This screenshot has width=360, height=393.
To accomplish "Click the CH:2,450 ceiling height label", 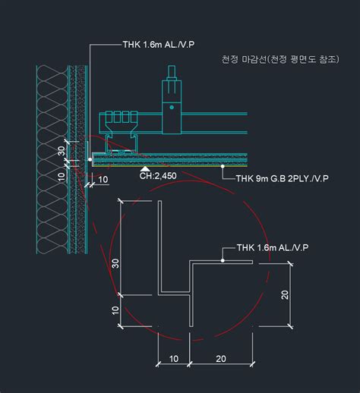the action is [x=158, y=176].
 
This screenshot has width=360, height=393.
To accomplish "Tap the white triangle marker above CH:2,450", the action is [x=145, y=169].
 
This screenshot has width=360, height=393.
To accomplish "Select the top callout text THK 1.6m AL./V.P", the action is [x=159, y=45].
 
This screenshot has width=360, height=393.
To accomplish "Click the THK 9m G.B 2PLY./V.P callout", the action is [x=283, y=178].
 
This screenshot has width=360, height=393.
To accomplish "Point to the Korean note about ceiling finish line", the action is [x=280, y=59].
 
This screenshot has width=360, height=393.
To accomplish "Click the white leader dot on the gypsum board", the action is [x=223, y=166].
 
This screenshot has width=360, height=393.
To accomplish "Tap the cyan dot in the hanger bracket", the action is [x=172, y=107].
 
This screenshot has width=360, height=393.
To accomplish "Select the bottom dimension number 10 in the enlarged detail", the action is [x=174, y=359].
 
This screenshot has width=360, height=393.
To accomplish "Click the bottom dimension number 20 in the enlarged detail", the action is [x=221, y=359].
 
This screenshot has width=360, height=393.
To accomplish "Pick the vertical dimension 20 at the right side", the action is [x=285, y=295].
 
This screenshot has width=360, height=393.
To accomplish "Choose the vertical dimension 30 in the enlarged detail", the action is [x=115, y=263].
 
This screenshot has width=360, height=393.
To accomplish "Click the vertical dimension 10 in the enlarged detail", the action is [x=115, y=310].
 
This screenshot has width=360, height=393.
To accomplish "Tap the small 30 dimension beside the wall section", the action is [x=62, y=151].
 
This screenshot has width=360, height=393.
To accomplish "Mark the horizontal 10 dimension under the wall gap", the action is [x=103, y=180].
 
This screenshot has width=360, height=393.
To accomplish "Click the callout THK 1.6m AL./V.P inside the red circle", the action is [x=273, y=247].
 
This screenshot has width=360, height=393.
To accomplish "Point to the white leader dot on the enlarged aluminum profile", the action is [x=223, y=260].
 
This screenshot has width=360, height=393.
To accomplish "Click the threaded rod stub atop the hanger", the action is [x=172, y=73].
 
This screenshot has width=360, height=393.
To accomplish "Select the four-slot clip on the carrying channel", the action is [x=122, y=119].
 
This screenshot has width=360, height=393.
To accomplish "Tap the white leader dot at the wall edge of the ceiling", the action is [x=90, y=159].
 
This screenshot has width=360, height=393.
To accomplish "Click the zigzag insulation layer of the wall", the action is [x=52, y=159].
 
